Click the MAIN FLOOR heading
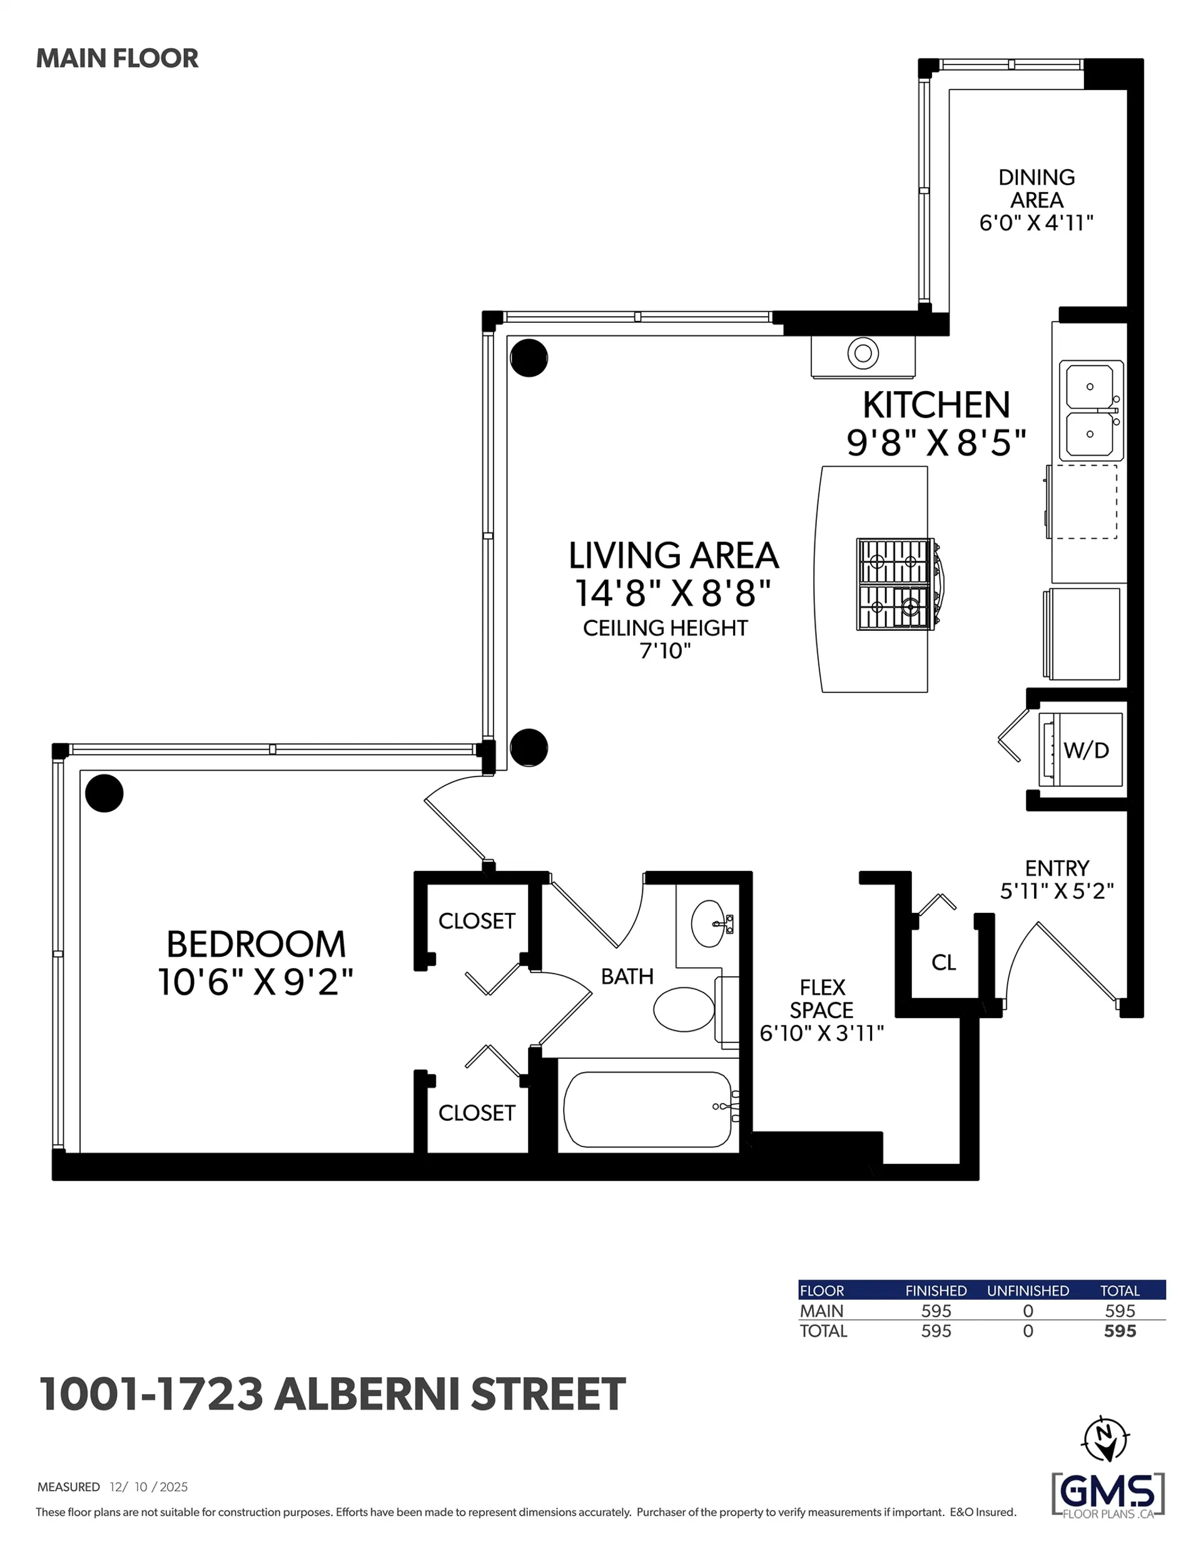(117, 58)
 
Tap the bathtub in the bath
(646, 1109)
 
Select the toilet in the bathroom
(684, 1009)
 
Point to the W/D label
(1086, 750)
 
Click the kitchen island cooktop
(895, 584)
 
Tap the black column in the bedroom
(104, 793)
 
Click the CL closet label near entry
(943, 962)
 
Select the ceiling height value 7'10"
(665, 651)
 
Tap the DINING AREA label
(1036, 189)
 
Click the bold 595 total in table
(1119, 1331)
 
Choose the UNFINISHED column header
(1027, 1290)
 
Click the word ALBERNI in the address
(367, 1395)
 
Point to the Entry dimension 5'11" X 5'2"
(1057, 890)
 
